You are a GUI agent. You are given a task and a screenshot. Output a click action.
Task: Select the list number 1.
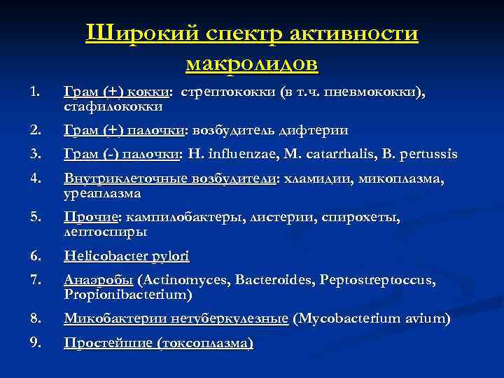click(36, 92)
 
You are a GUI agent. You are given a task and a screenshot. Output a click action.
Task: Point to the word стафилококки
click(113, 107)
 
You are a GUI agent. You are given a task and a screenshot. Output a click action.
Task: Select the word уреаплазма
click(102, 192)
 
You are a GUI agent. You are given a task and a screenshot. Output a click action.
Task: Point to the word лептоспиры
click(105, 230)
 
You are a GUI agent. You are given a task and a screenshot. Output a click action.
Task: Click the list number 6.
click(37, 256)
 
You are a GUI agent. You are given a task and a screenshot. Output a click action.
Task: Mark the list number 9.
click(37, 343)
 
